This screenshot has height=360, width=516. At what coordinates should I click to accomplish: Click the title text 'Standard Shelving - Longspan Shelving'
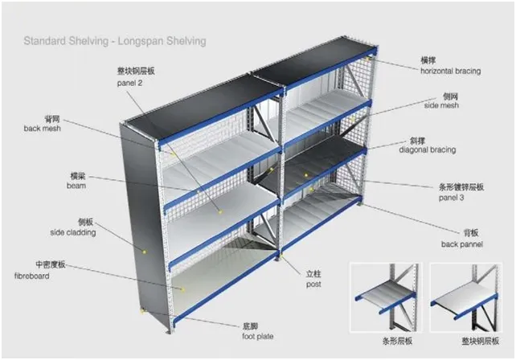click(114, 40)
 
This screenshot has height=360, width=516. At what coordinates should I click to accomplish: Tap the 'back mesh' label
click(42, 128)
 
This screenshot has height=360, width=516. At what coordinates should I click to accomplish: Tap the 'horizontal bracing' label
click(451, 71)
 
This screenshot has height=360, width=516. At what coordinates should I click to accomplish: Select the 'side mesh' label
click(441, 105)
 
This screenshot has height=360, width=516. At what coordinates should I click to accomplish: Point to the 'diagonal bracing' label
click(439, 149)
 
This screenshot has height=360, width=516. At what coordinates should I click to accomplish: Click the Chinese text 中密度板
click(51, 263)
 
